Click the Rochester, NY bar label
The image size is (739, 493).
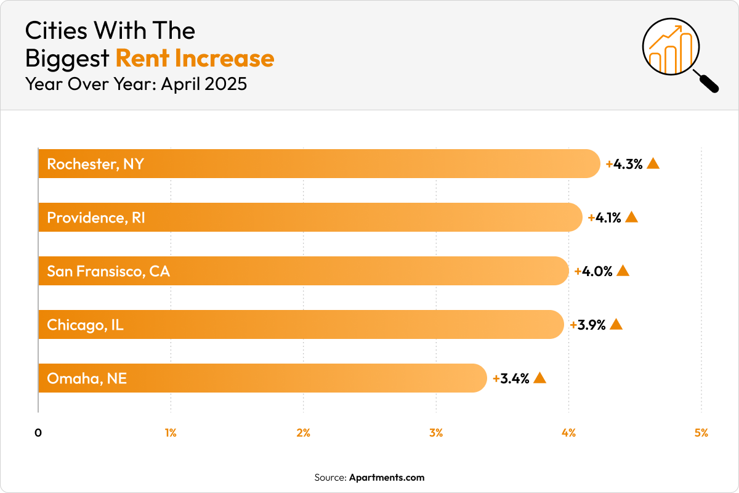[95, 164]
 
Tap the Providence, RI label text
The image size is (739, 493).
[96, 218]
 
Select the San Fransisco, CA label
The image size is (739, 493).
[108, 271]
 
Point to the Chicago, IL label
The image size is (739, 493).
[86, 325]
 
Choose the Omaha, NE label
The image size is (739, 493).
[87, 378]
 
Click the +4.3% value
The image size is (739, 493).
[624, 164]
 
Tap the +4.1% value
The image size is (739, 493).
[604, 218]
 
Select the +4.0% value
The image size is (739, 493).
[594, 271]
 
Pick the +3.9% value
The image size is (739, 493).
[588, 325]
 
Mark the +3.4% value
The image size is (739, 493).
[511, 378]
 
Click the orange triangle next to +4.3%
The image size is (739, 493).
[653, 163]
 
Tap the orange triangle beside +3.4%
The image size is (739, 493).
[539, 378]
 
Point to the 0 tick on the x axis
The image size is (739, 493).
[38, 433]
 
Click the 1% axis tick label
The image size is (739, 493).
[171, 433]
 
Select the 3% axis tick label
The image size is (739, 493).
[436, 433]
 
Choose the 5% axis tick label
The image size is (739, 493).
[701, 433]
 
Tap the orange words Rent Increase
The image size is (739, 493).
[195, 58]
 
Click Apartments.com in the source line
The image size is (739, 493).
[387, 478]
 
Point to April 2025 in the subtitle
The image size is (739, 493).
[204, 83]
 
